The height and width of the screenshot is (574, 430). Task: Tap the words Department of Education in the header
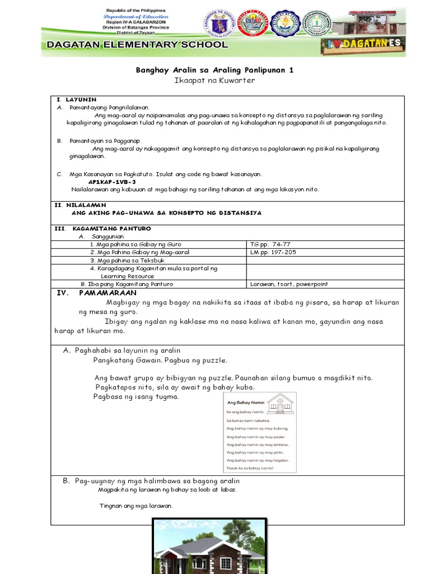click(x=136, y=17)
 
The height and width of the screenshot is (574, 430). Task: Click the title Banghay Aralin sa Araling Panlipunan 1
click(x=215, y=70)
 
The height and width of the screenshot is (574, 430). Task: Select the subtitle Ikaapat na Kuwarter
click(x=215, y=81)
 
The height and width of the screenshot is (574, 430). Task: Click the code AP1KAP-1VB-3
click(x=112, y=182)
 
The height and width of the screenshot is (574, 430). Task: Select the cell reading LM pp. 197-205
click(x=274, y=252)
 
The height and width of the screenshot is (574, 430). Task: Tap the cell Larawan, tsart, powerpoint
click(x=289, y=284)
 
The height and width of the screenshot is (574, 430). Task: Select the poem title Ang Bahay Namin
click(x=243, y=402)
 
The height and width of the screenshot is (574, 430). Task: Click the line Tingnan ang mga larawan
click(x=136, y=506)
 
